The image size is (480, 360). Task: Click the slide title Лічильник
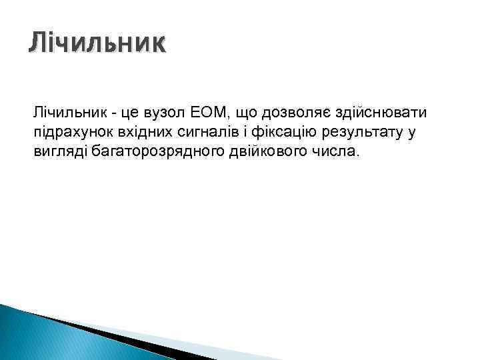click(96, 44)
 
